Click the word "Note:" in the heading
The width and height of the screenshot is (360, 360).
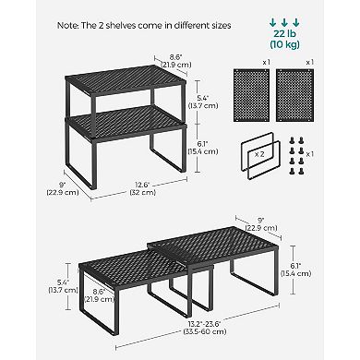point(67,26)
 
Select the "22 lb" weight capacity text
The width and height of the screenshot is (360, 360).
point(284,34)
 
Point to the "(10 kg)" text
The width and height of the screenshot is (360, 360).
point(284,44)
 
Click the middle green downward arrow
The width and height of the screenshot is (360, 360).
point(284,22)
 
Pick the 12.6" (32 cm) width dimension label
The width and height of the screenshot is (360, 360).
point(143,188)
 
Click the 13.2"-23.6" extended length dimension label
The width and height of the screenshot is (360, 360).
point(205,328)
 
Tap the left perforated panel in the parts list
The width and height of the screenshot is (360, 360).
point(251,96)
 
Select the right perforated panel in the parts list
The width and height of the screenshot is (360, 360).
point(295,96)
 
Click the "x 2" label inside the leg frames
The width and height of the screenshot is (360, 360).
point(259,154)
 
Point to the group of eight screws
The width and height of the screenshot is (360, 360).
point(296,156)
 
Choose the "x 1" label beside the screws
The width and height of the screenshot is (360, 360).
point(310,154)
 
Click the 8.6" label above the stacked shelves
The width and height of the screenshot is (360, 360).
point(176,61)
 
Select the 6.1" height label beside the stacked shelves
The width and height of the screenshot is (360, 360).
point(203,148)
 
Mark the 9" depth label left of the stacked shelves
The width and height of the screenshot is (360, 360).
point(63,188)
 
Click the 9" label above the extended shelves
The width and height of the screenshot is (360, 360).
point(261,224)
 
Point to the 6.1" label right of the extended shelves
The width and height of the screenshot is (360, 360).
point(296,270)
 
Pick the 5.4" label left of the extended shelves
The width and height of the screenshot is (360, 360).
point(63,286)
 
